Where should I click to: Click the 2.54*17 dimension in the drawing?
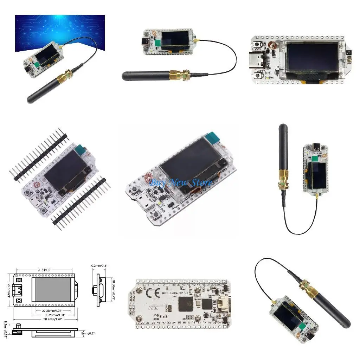(x=44, y=270)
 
